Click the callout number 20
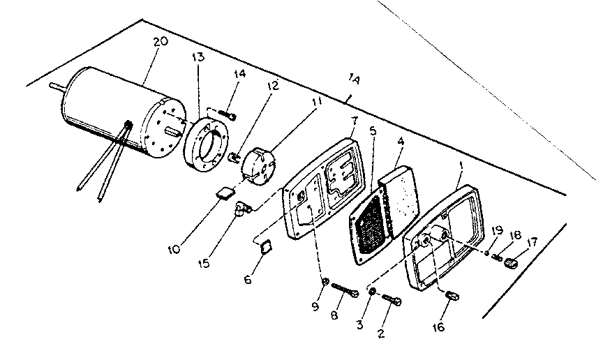pos(160,42)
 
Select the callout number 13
pos(199,57)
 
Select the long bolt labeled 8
pos(345,290)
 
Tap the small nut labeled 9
pos(325,281)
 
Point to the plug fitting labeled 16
pos(451,297)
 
